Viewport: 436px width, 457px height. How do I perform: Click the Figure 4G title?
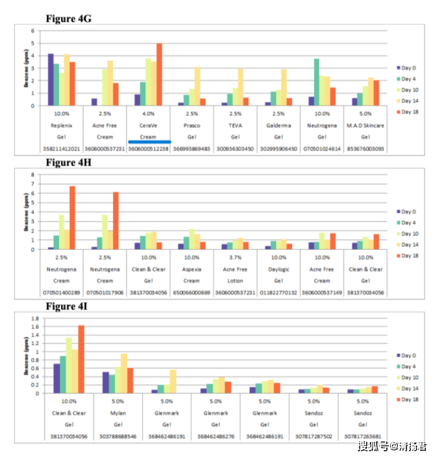point(69,19)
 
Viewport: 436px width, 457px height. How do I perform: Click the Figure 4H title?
point(69,163)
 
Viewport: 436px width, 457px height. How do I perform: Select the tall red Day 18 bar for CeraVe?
point(159,74)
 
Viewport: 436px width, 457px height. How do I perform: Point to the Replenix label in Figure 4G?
point(62,125)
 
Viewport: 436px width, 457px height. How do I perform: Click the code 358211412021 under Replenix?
point(62,149)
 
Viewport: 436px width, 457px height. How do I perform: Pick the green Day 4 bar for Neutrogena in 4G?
point(316,82)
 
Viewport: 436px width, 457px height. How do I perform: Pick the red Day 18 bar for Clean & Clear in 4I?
point(81,359)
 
